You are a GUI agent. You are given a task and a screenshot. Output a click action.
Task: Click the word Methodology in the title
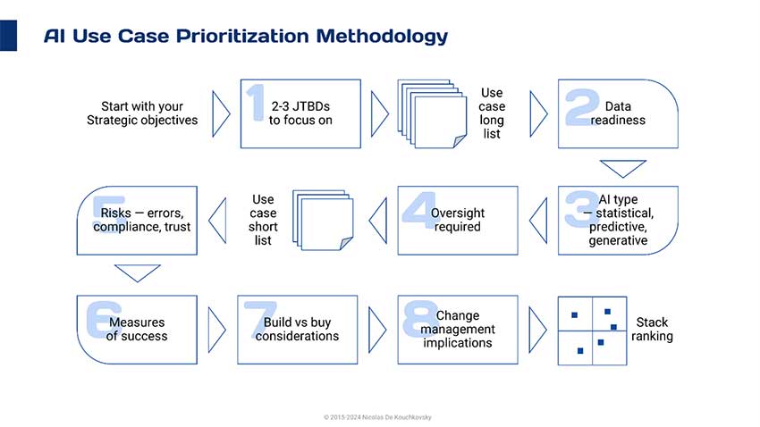[382, 37]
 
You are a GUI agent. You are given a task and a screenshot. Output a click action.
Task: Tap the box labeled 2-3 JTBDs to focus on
[300, 113]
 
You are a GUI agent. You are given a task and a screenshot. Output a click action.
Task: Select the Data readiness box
[618, 113]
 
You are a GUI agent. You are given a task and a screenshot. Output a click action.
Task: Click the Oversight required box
[458, 221]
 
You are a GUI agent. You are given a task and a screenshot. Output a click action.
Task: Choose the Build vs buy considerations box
[297, 330]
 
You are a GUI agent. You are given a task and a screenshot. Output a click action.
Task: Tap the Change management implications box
[458, 330]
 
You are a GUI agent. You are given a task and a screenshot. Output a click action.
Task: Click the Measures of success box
[137, 330]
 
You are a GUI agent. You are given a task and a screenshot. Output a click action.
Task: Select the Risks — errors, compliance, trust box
[137, 221]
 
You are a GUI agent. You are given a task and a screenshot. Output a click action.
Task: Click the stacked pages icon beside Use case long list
[432, 113]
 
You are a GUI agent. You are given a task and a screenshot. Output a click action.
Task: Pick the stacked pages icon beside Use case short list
[323, 221]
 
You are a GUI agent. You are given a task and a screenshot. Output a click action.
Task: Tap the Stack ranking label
[652, 330]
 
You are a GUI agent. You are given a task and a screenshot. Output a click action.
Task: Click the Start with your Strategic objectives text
[142, 113]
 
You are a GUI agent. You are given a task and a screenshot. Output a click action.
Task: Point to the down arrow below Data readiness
[623, 169]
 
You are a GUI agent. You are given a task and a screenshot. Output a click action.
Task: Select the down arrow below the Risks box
[137, 273]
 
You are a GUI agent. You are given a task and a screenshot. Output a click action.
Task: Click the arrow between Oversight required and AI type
[538, 221]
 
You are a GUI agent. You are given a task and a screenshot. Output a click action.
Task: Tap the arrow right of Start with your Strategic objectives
[221, 113]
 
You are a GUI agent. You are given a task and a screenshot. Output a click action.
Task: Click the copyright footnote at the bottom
[377, 417]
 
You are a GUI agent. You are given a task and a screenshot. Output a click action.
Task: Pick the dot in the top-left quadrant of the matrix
[574, 315]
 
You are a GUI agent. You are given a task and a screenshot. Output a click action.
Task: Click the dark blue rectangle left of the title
[8, 36]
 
